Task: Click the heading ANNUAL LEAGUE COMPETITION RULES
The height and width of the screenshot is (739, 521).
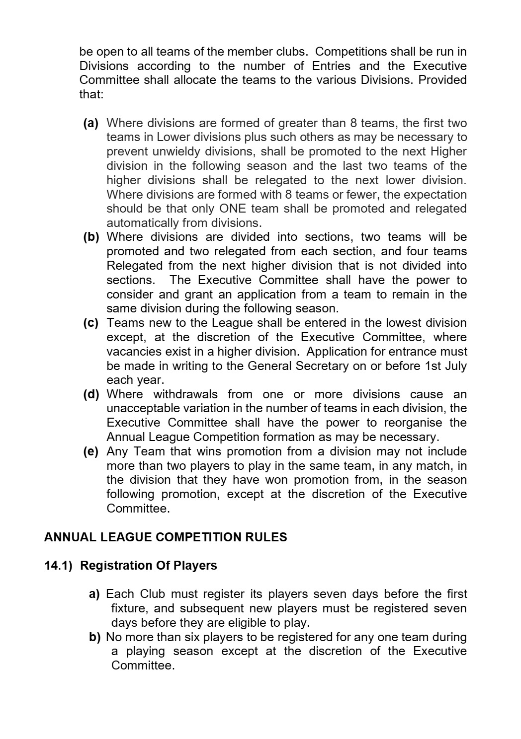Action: click(x=166, y=537)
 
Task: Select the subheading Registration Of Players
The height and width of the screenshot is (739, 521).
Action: click(x=149, y=566)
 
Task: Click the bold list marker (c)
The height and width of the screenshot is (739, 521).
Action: click(x=91, y=323)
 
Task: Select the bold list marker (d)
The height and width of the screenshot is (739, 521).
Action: click(x=91, y=394)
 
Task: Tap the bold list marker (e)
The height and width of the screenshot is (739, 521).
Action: click(x=91, y=451)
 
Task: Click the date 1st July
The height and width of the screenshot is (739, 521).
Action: click(x=445, y=366)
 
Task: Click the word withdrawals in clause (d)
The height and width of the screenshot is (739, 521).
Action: click(x=185, y=394)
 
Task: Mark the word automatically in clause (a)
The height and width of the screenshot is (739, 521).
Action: click(x=142, y=223)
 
